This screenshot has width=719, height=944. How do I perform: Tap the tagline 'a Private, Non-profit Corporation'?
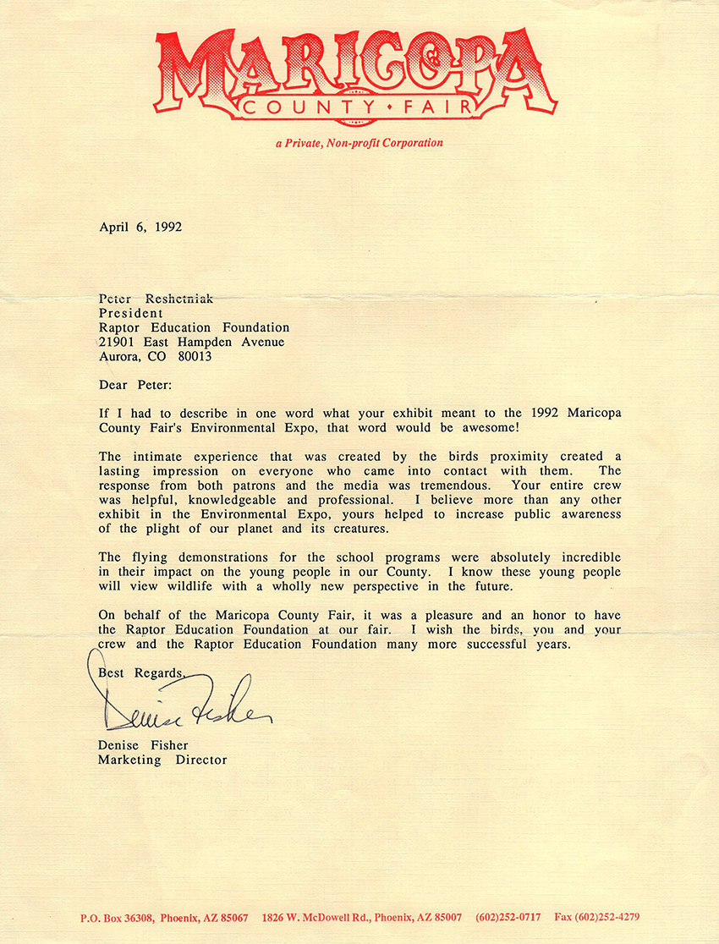click(359, 143)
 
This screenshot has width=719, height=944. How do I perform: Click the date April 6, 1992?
click(140, 227)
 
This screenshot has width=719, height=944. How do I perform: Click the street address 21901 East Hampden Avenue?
click(191, 342)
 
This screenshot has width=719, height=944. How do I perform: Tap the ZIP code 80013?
click(194, 356)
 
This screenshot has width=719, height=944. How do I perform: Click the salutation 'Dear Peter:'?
click(134, 385)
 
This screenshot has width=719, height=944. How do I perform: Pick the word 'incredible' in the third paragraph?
click(578, 557)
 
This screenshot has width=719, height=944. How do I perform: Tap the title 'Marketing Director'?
click(162, 760)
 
